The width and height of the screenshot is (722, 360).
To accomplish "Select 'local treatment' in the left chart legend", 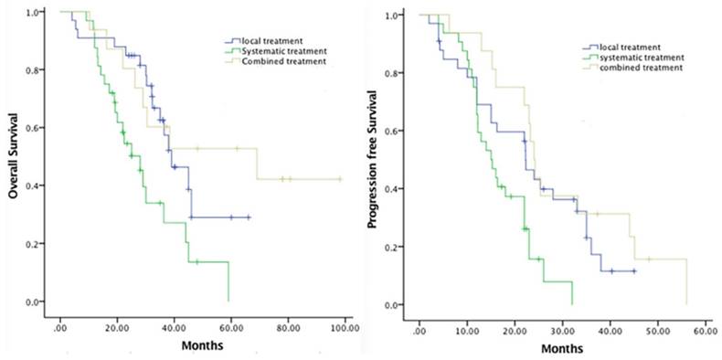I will click(271, 41).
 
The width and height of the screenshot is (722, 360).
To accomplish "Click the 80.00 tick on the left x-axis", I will click(288, 325).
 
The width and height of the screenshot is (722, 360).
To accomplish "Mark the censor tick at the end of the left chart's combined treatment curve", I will click(340, 179).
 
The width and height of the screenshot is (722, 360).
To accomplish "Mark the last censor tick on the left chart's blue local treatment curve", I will click(248, 217).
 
